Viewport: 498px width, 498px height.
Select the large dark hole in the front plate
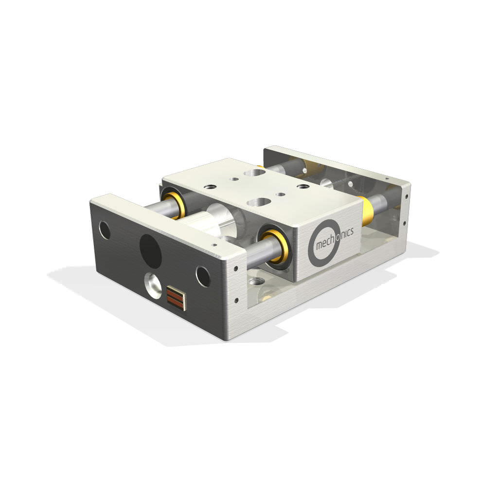[x=150, y=251]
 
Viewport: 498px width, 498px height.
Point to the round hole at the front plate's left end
[x=105, y=230]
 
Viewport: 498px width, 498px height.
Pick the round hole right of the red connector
[x=203, y=277]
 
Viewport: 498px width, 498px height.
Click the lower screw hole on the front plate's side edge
[x=236, y=300]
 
